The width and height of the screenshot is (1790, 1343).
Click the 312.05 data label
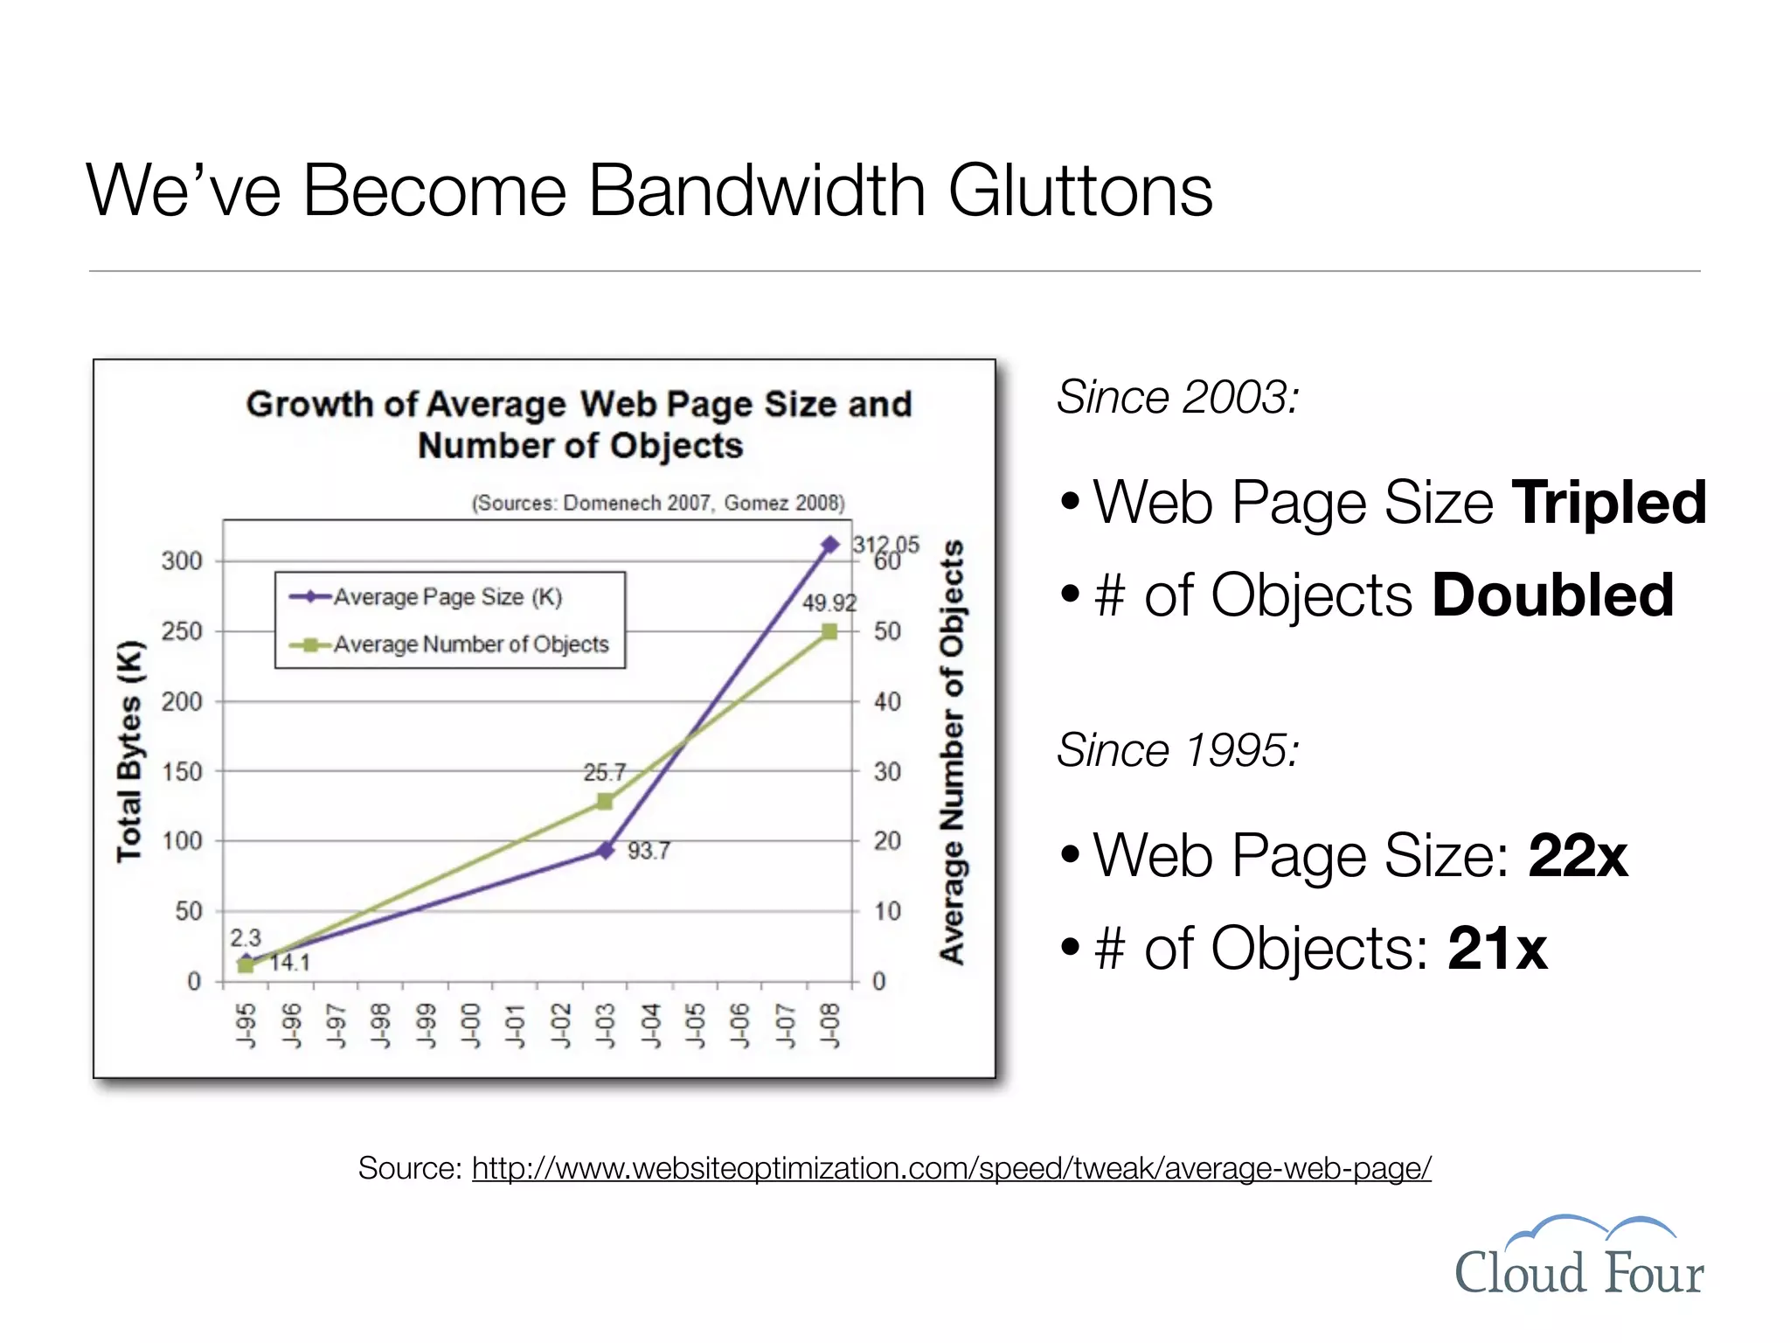[885, 545]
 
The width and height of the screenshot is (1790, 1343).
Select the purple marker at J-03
[605, 850]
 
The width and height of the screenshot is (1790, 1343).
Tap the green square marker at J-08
[829, 631]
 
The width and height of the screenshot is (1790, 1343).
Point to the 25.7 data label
[605, 772]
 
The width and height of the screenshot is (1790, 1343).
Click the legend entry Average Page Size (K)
[447, 597]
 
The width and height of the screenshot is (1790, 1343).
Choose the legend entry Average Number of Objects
[470, 644]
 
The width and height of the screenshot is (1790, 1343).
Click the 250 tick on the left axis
[181, 631]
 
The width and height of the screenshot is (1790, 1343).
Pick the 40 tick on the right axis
[887, 701]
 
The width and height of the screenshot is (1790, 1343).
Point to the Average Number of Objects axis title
[952, 752]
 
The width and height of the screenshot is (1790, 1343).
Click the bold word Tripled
[1608, 503]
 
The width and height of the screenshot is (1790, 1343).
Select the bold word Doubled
[1552, 595]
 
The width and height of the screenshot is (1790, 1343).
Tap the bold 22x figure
[1578, 855]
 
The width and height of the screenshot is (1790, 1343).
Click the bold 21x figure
[1497, 948]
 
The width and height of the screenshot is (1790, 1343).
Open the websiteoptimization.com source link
[951, 1168]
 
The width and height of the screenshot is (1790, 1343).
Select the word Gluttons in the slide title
[1080, 191]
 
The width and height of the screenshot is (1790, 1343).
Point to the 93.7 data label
[649, 851]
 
